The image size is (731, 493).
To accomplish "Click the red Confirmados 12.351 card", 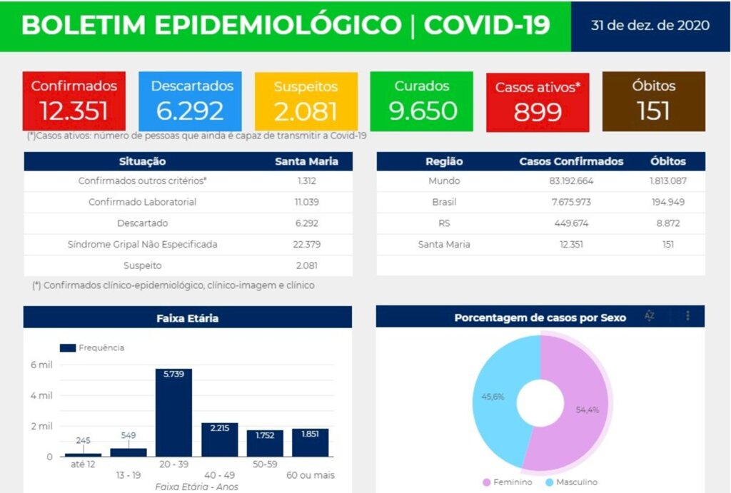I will [74, 101].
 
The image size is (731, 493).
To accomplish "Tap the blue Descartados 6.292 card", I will [192, 101].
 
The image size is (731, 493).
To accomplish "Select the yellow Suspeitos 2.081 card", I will [306, 101].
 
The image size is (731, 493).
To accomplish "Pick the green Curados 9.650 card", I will [422, 101].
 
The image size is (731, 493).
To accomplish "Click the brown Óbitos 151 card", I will [653, 101].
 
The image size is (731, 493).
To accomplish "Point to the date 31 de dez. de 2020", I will [650, 26].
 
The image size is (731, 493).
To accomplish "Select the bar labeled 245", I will [83, 454].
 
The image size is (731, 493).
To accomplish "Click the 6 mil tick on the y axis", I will [41, 365].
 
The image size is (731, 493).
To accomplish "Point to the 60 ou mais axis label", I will [311, 474].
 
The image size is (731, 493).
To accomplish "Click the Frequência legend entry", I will [92, 347].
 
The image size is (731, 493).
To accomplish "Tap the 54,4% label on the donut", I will [588, 410].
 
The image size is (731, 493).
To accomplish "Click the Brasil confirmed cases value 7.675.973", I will [571, 202].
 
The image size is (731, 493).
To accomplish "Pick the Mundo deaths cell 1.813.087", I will [668, 181].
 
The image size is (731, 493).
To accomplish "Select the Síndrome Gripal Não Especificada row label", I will [143, 244].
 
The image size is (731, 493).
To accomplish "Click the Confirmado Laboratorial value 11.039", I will [306, 202].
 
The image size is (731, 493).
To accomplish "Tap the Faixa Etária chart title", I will [188, 318].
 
